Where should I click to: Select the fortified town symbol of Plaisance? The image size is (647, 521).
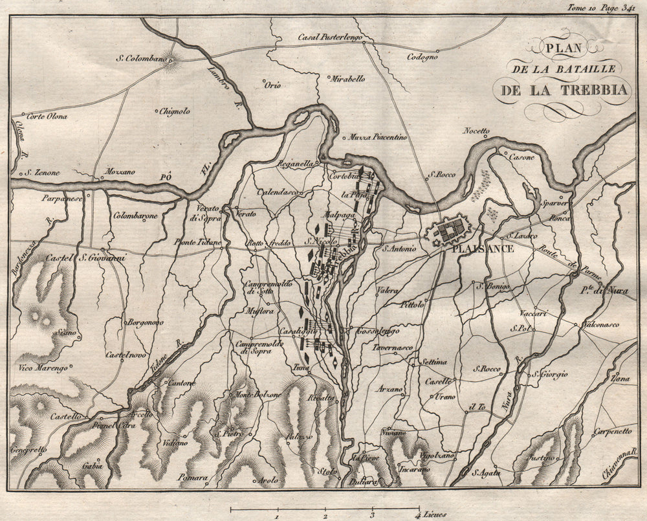click(454, 230)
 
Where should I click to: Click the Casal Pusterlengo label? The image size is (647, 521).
click(329, 37)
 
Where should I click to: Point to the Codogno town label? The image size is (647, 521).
click(422, 56)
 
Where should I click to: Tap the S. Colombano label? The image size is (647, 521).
click(138, 59)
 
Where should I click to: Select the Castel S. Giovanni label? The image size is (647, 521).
click(85, 259)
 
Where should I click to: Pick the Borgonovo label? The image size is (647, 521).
click(146, 322)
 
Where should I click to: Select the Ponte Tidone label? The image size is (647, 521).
click(197, 242)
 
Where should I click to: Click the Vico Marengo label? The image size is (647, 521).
click(44, 368)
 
